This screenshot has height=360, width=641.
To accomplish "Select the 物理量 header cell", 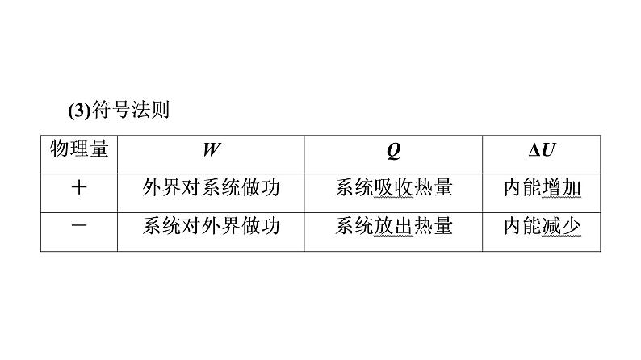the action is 79,151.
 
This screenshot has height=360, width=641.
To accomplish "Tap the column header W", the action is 211,151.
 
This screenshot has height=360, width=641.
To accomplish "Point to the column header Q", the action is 394,151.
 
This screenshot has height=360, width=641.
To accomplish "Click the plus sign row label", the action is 79,188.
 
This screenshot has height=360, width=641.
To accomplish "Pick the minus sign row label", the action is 79,226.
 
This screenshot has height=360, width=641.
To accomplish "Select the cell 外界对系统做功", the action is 211,188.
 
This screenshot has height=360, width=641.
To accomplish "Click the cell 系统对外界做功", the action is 211,226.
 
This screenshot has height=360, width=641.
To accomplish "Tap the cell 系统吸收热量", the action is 394,188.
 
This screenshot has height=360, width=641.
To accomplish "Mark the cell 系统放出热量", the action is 394,226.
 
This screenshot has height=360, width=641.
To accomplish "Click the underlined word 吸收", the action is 394,189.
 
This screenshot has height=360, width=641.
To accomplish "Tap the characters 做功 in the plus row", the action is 260,188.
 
